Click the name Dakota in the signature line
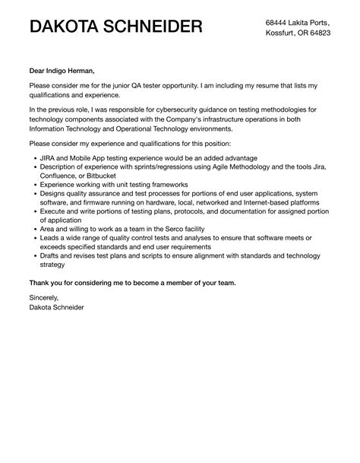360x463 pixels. pos(44,306)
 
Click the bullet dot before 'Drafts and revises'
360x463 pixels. pos(35,255)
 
